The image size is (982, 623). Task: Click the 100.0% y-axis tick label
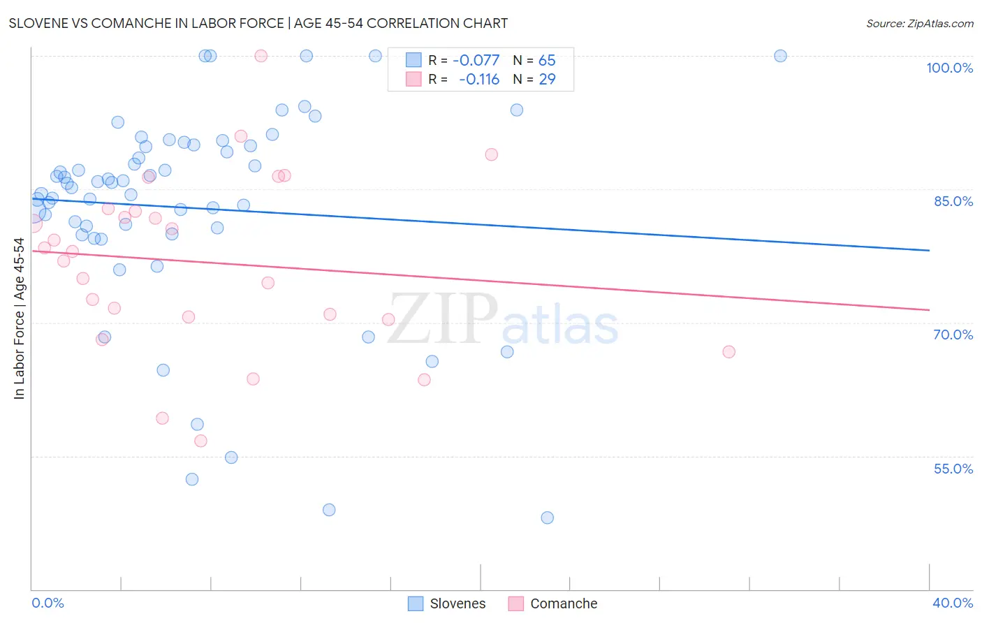click(x=949, y=68)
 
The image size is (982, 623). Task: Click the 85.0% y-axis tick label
click(x=953, y=201)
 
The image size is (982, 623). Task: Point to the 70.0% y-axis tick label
click(x=953, y=335)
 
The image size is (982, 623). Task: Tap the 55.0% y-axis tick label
click(x=953, y=469)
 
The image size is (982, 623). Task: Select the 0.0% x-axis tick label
click(x=47, y=603)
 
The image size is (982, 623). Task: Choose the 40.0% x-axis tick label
click(x=952, y=603)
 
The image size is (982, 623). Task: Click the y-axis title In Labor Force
click(x=19, y=318)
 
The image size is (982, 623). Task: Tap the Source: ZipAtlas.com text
click(x=919, y=24)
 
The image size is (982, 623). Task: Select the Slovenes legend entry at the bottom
click(x=457, y=603)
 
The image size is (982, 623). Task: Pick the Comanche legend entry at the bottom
click(x=563, y=603)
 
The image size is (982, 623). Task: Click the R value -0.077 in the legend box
click(x=476, y=61)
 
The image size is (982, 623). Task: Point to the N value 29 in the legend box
click(x=547, y=80)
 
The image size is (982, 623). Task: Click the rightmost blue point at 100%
click(x=780, y=56)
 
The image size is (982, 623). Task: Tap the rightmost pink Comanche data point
click(x=728, y=352)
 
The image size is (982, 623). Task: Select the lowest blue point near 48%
click(x=547, y=518)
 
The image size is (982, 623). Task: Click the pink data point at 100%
click(x=261, y=56)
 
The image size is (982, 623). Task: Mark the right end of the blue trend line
click(x=929, y=250)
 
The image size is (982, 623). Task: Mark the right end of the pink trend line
click(x=929, y=309)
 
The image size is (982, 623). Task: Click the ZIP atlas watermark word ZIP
click(x=443, y=320)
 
